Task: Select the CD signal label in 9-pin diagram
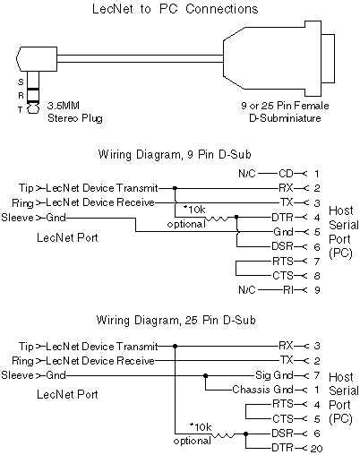pos(287,172)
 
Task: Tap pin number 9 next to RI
pos(316,290)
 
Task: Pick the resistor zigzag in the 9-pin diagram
pos(217,217)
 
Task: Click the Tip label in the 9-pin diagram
pos(26,187)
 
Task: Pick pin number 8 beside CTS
pos(316,276)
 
